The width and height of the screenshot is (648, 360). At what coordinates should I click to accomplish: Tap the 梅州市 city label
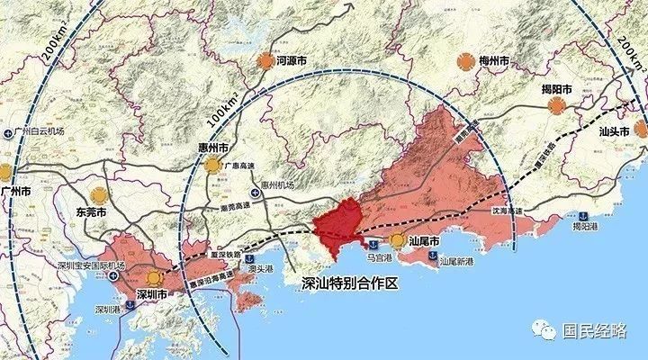(x=493, y=61)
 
